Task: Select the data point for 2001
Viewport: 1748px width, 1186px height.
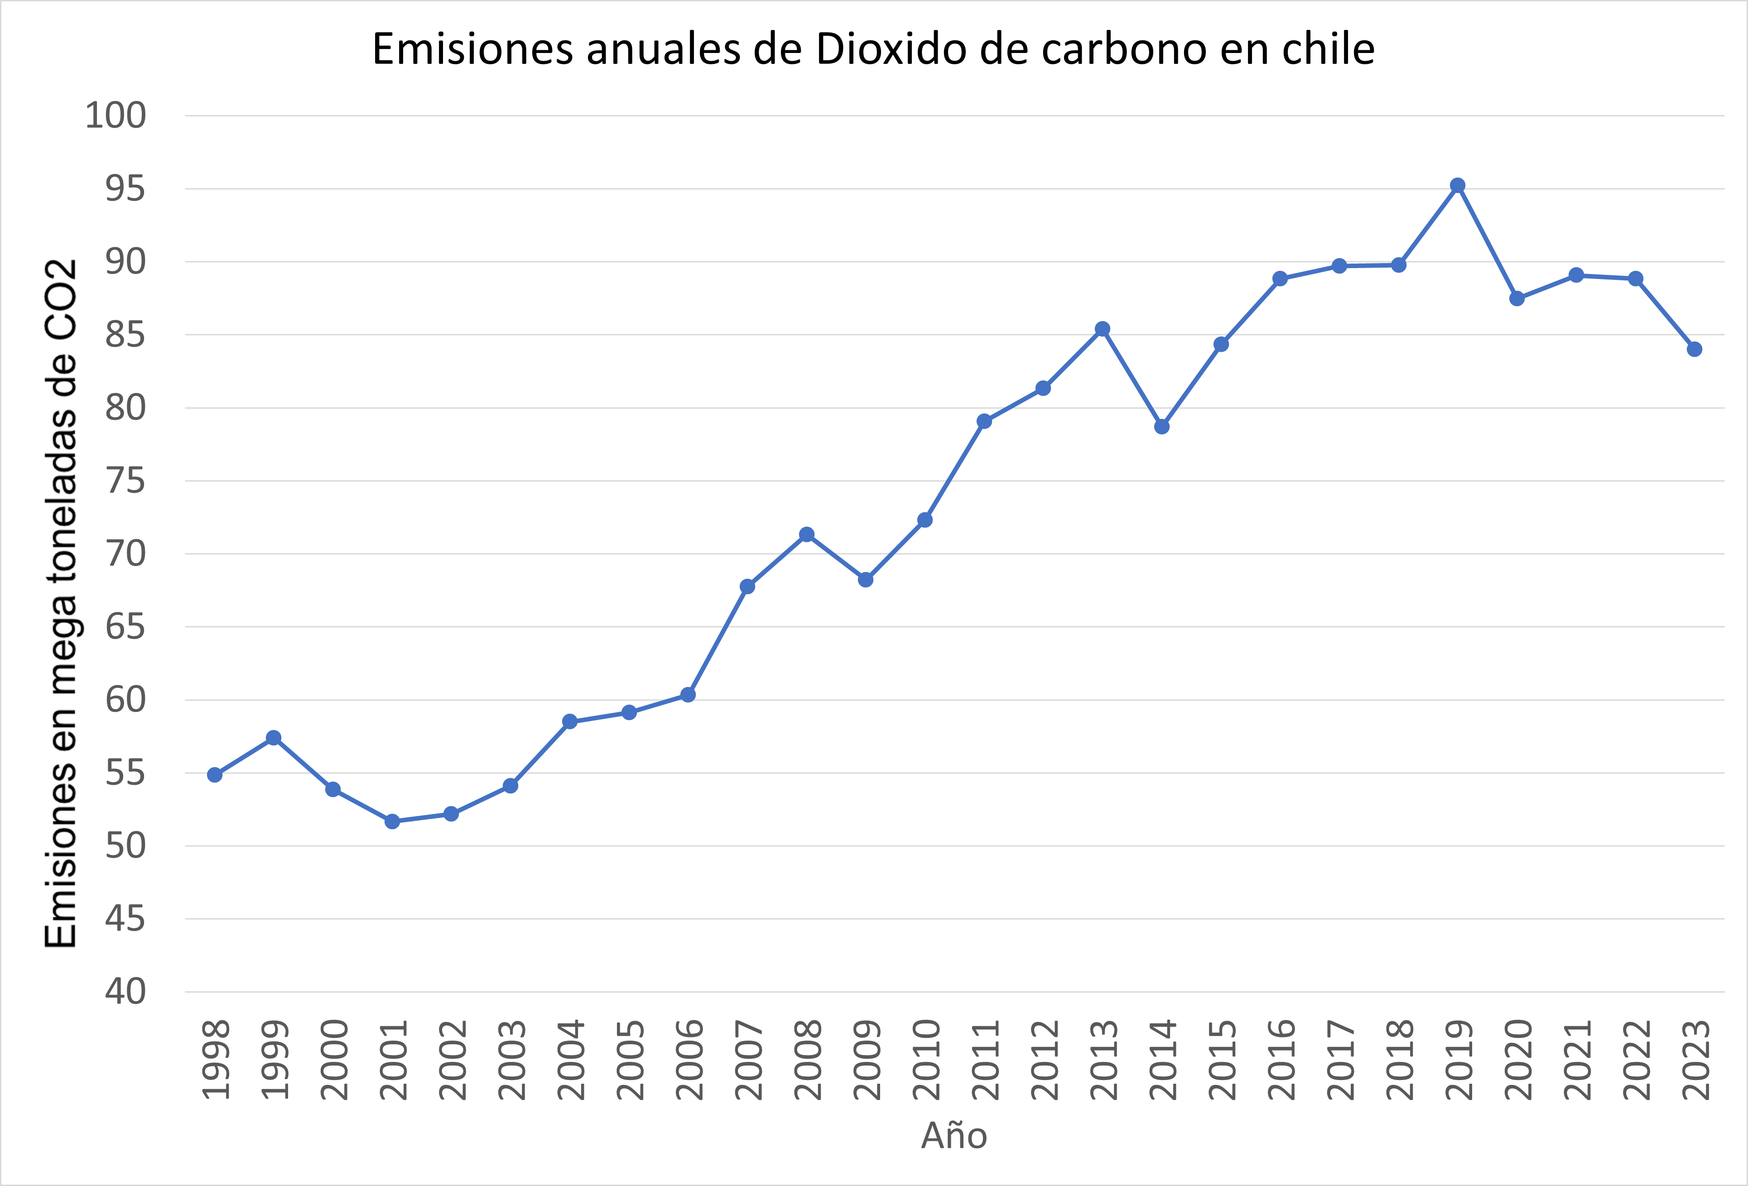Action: coord(392,821)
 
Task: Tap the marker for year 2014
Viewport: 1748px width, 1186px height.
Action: coord(1162,427)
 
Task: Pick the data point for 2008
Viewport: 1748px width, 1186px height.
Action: coord(806,535)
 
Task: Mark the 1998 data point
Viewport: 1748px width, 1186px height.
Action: coord(214,775)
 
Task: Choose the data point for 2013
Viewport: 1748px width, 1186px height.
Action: coord(1103,329)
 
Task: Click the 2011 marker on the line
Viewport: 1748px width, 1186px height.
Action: coord(984,421)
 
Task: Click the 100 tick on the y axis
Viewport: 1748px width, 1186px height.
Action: coord(115,116)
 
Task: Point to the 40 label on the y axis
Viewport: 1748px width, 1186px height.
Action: coord(125,991)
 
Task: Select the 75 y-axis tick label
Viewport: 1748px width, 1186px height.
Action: coord(125,480)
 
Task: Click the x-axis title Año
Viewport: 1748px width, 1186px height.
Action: coord(954,1136)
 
